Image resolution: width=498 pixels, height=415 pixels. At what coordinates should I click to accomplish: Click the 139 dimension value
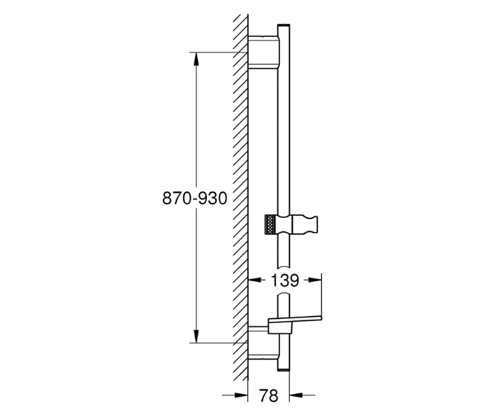click(285, 281)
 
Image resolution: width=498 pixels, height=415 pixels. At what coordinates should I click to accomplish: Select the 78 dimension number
click(269, 395)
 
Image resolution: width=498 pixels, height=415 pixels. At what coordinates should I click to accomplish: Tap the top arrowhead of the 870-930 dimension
click(196, 59)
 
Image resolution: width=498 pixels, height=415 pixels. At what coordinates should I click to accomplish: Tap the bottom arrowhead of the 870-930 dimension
click(196, 336)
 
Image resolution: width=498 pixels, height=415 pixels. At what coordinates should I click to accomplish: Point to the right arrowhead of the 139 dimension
click(315, 280)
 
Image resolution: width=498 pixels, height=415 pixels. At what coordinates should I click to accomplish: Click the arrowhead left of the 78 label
click(241, 395)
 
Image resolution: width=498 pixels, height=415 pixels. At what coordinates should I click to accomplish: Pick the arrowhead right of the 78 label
click(296, 395)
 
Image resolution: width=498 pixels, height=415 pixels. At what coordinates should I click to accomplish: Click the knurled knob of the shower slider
click(271, 225)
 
